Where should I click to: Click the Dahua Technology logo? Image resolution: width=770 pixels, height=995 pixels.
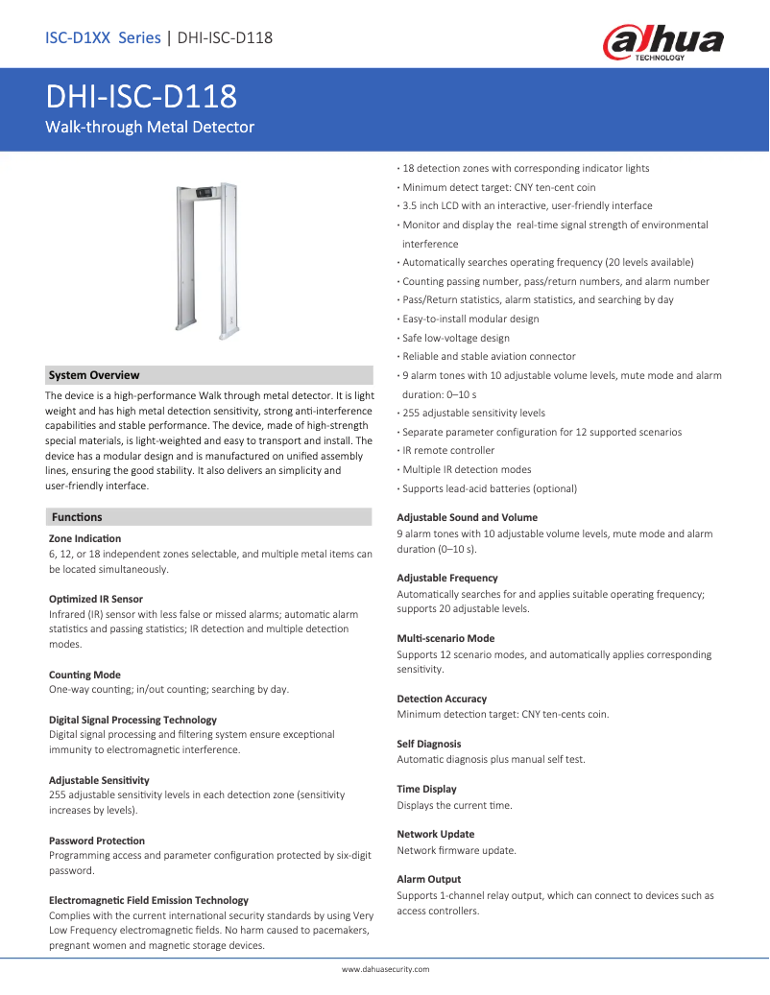(662, 42)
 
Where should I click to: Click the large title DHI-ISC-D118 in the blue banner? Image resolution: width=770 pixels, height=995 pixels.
(142, 97)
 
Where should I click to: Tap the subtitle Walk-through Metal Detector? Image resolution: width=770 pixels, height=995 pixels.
(150, 127)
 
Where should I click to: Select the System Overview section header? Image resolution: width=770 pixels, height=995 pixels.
(94, 375)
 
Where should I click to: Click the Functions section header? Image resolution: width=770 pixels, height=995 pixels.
(77, 517)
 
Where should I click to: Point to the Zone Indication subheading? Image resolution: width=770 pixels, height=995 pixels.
(84, 538)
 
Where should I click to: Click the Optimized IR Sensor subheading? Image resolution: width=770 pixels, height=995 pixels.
(95, 599)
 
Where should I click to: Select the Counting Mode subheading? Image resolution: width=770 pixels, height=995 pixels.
(84, 675)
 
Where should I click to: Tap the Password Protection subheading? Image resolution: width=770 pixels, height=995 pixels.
(97, 841)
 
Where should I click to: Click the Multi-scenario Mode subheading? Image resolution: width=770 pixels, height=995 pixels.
(445, 638)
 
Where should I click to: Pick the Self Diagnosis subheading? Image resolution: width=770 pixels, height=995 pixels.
(428, 744)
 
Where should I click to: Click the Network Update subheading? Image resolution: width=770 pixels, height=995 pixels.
(435, 834)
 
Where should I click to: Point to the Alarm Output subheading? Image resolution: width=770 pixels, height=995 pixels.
(428, 879)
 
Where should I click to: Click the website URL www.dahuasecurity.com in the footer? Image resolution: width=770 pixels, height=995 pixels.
(385, 969)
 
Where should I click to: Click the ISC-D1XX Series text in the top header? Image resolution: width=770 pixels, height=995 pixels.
(103, 38)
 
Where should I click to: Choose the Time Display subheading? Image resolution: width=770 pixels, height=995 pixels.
(426, 789)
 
